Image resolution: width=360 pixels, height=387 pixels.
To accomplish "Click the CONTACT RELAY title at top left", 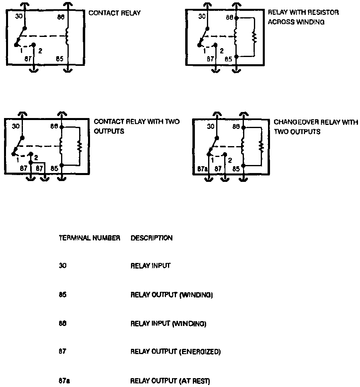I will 115,13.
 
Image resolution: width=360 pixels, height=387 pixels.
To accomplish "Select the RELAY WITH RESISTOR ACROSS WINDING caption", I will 303,17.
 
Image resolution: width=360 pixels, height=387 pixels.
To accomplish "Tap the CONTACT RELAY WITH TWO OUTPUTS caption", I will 137,126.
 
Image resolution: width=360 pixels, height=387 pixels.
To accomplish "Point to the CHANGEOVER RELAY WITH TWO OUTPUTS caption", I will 315,126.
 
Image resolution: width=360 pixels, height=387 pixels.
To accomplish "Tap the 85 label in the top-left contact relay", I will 59,59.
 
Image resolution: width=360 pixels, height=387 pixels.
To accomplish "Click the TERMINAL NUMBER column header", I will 90,238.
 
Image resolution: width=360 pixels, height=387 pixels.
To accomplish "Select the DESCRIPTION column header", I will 151,238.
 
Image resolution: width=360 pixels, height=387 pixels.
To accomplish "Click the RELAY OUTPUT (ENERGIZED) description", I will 176,352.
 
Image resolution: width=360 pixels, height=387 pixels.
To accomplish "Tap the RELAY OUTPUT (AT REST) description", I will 170,380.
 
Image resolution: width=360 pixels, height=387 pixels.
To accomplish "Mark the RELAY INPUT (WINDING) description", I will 168,324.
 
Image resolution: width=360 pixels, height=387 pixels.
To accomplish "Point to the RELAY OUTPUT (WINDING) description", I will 172,295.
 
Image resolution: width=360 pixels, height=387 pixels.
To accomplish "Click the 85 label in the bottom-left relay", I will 54,169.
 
